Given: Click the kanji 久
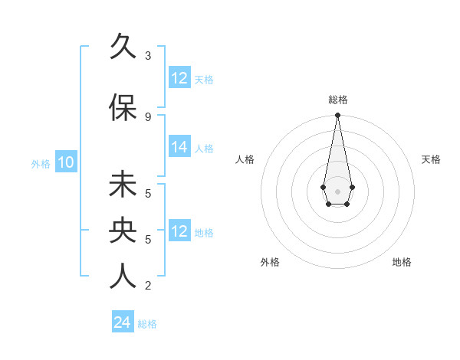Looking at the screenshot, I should click(x=123, y=47).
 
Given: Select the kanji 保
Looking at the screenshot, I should click(x=123, y=108).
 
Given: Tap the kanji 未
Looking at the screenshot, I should click(x=123, y=185).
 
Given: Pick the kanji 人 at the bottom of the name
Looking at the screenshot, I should click(x=123, y=277).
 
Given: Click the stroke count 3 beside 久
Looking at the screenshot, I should click(x=148, y=56).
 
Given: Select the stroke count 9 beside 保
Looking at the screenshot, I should click(x=148, y=116).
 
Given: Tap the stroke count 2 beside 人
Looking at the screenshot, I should click(x=148, y=286).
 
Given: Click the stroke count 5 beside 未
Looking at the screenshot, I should click(x=148, y=193).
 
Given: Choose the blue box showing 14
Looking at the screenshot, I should click(x=179, y=148).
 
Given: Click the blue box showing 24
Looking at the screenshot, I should click(x=122, y=323).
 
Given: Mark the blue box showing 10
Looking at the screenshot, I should click(x=66, y=162).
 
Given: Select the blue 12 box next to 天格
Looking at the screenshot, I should click(x=179, y=78).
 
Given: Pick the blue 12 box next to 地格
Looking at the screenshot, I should click(x=179, y=231).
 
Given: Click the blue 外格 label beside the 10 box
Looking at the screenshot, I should click(x=41, y=163).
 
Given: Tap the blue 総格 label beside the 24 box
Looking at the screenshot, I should click(x=147, y=324).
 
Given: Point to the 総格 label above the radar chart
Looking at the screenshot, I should click(x=337, y=100).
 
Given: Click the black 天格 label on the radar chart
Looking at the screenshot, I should click(x=431, y=159).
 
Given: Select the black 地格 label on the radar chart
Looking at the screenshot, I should click(x=402, y=262).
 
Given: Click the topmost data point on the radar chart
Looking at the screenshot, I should click(x=337, y=116).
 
